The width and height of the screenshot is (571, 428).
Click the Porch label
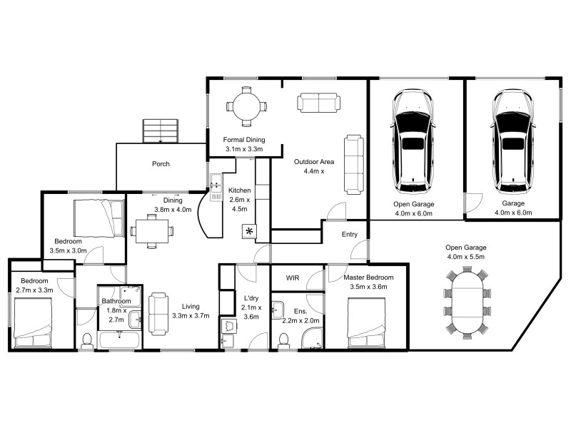[161, 164]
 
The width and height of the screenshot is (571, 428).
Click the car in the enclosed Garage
[512, 140]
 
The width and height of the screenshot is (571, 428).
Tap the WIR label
[293, 277]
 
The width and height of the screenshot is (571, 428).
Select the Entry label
[350, 234]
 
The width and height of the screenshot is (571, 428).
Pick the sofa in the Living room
[158, 312]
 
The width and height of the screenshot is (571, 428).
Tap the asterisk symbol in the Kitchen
[249, 232]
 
